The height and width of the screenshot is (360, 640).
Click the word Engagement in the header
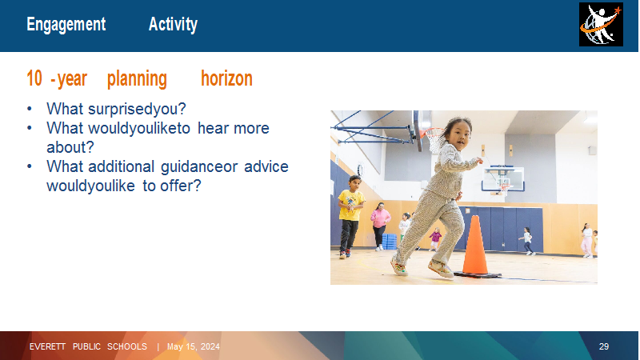(66, 25)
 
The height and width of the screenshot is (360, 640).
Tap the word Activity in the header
(173, 25)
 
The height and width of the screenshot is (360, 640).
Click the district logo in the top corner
(601, 24)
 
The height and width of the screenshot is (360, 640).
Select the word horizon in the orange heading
(226, 78)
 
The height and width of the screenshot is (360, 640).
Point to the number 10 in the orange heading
(34, 78)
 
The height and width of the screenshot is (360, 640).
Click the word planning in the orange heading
(137, 79)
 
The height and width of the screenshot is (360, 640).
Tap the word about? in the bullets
(70, 147)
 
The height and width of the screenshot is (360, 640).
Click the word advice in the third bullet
(266, 166)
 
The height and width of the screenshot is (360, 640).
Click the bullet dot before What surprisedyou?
(30, 109)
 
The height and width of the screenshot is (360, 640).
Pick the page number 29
(604, 346)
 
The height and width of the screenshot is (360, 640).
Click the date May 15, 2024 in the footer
(194, 347)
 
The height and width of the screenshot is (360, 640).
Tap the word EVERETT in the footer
(47, 347)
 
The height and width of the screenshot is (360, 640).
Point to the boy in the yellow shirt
(350, 216)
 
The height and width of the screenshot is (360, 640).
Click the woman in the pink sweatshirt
(380, 226)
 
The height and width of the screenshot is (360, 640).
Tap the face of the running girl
(459, 136)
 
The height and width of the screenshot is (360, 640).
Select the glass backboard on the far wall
(503, 178)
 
